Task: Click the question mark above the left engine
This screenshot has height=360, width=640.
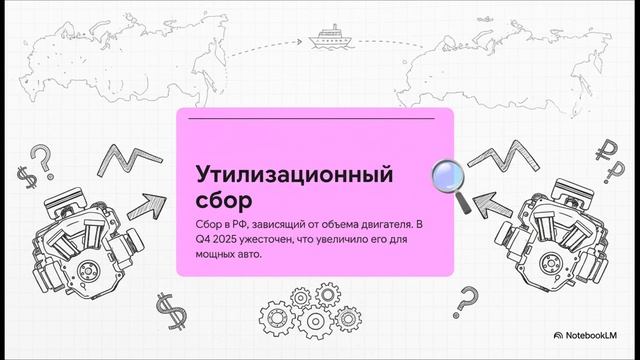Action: [40, 156]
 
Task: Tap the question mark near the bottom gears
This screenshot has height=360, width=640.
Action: [464, 298]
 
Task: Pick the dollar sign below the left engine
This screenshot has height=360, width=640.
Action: [166, 309]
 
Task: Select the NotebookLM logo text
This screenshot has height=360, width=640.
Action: [596, 338]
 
